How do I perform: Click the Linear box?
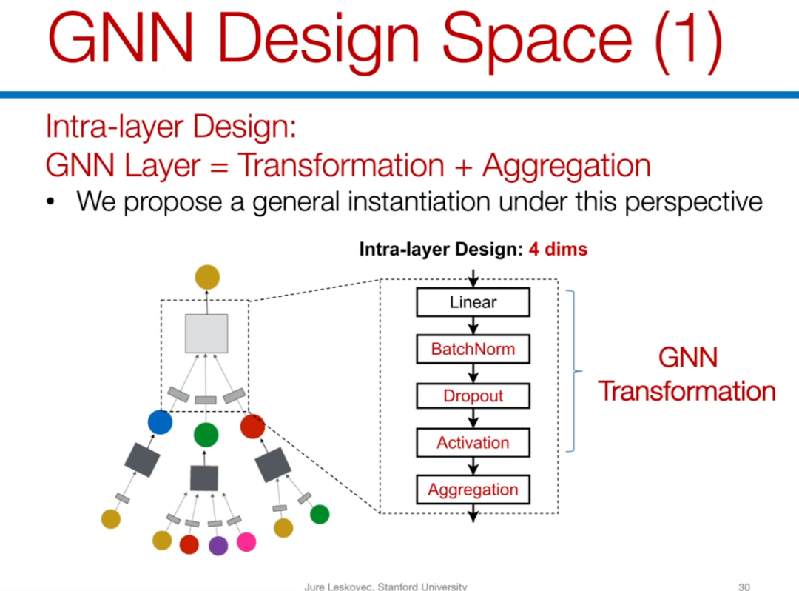[473, 302]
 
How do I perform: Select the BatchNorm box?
[473, 349]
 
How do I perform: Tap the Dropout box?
[473, 396]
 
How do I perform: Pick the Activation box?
[473, 443]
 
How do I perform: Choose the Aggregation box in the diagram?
[473, 490]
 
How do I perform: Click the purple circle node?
[218, 546]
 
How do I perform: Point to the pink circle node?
[246, 542]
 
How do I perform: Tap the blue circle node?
[160, 422]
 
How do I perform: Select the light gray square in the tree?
[206, 333]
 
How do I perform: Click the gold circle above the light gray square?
[207, 278]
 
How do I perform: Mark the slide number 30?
[744, 586]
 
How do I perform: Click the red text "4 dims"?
[558, 250]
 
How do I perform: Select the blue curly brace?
[576, 371]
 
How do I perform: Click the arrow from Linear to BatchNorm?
[473, 326]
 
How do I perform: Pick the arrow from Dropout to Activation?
[473, 419]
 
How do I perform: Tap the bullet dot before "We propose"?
[50, 201]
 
